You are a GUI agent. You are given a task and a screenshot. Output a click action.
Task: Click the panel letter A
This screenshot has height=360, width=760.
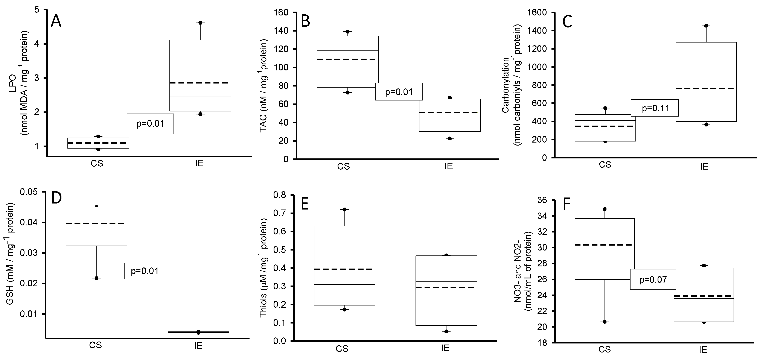click(56, 21)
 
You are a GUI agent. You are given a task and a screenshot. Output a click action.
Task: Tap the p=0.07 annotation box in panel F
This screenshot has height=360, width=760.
click(653, 279)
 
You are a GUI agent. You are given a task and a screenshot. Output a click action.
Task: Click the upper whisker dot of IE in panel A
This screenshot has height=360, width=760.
click(200, 23)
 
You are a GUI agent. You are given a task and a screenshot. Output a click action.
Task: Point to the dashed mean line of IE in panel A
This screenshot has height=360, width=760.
click(200, 83)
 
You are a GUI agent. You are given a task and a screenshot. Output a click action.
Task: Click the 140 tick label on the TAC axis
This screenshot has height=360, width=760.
click(282, 31)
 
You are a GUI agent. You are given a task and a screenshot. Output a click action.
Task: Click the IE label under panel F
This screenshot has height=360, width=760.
click(703, 350)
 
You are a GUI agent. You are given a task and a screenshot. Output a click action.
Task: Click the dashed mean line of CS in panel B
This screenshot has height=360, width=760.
click(347, 59)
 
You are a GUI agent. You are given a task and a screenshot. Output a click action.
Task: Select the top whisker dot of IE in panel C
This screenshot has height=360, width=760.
click(706, 26)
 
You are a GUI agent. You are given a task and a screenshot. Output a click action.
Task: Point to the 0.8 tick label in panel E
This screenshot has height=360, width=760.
click(280, 195)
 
